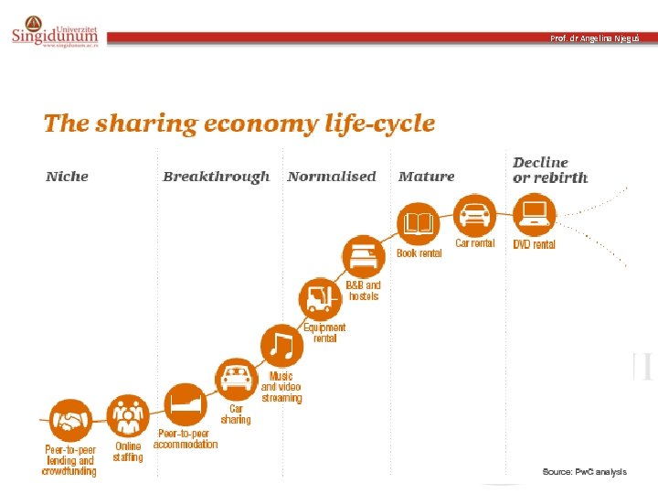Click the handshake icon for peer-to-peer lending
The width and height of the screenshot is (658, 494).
coord(70,420)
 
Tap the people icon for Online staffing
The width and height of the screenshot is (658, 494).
coord(128,415)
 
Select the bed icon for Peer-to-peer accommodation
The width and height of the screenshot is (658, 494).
coord(185,404)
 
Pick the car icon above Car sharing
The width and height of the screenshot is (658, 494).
coord(237,379)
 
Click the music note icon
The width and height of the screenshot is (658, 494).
coord(281,346)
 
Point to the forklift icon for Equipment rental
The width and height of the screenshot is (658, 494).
coord(321,298)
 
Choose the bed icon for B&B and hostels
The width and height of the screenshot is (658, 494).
coord(364,256)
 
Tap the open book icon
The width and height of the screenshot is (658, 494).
coord(418,223)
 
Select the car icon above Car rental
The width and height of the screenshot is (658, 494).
coord(474,216)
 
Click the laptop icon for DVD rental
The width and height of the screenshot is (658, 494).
coord(535,214)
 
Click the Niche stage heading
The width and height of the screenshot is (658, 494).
coord(67,177)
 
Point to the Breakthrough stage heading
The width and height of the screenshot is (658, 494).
coord(216,177)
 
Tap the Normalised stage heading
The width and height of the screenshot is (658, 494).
coord(332,177)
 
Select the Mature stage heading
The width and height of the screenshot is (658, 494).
coord(427,177)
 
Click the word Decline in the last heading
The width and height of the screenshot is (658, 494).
coord(540,163)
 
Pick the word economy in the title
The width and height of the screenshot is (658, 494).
coord(260,123)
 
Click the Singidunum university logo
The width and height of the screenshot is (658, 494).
coord(55,31)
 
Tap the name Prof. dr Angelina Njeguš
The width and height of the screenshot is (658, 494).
coord(595,38)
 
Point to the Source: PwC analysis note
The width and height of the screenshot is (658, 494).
coord(585,472)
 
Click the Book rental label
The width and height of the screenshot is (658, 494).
coord(419,253)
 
